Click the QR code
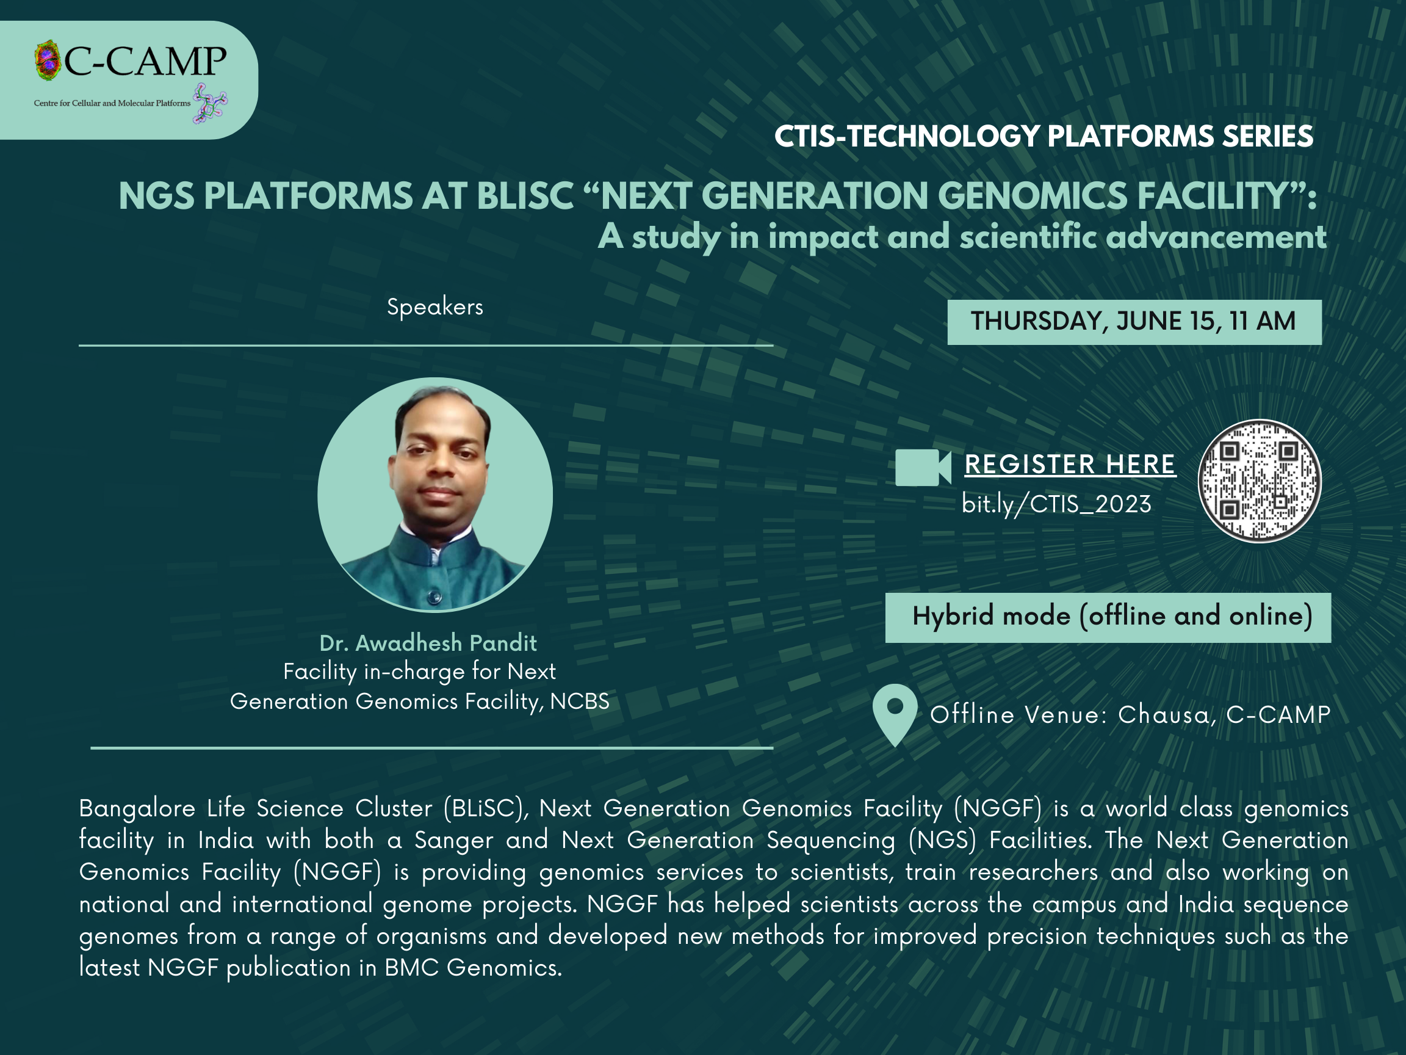pyautogui.click(x=1259, y=480)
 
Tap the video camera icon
pyautogui.click(x=923, y=468)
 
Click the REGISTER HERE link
pyautogui.click(x=1070, y=464)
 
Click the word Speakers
pyautogui.click(x=434, y=307)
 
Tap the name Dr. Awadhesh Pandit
pyautogui.click(x=428, y=643)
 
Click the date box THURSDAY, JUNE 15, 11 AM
pyautogui.click(x=1134, y=322)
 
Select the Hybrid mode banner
pyautogui.click(x=1108, y=617)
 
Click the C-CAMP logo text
pyautogui.click(x=145, y=62)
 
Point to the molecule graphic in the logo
pyautogui.click(x=210, y=103)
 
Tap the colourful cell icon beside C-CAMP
pyautogui.click(x=48, y=60)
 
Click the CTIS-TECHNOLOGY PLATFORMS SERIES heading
pyautogui.click(x=1044, y=136)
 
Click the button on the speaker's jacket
pyautogui.click(x=434, y=596)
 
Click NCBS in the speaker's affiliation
pyautogui.click(x=580, y=702)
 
